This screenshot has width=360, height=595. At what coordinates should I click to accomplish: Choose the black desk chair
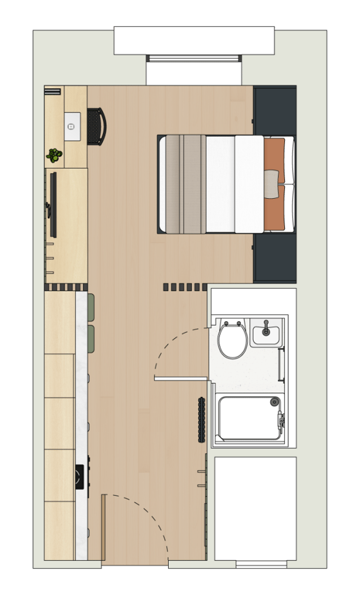[x=96, y=127]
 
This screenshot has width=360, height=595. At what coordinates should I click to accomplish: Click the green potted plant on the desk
[x=54, y=155]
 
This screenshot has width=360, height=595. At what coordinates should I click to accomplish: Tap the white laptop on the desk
[x=72, y=127]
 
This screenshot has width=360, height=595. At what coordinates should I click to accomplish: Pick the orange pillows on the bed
[x=275, y=185]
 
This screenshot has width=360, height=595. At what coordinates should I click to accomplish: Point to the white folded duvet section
[x=249, y=184]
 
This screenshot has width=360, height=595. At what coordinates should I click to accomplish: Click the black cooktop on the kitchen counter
[x=80, y=477]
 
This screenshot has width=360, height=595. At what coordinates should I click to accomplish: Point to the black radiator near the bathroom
[x=201, y=419]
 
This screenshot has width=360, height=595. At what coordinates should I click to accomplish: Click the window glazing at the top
[x=194, y=58]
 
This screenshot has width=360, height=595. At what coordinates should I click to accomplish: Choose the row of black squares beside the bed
[x=185, y=287]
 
